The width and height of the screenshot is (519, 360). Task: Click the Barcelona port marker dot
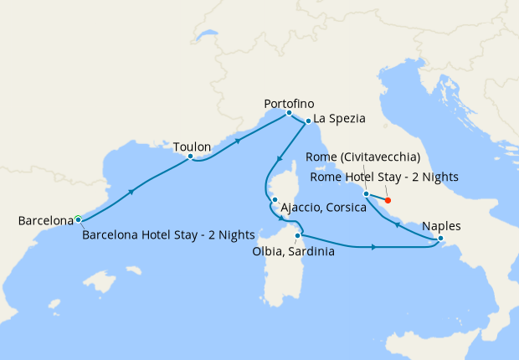point(78,219)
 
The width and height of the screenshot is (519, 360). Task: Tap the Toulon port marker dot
point(191,157)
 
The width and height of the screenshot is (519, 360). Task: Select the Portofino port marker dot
point(289,112)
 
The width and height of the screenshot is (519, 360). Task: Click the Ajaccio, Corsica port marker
point(274,199)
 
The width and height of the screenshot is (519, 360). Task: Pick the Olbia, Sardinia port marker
point(297,235)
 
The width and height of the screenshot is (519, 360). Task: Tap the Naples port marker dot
point(440,239)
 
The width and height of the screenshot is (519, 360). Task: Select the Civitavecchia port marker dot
point(366,194)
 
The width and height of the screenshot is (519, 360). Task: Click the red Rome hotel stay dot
point(388,200)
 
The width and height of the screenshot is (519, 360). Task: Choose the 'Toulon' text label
point(192,146)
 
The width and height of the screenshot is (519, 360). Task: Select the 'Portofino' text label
point(289,102)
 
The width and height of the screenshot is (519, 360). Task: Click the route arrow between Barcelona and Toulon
point(131,192)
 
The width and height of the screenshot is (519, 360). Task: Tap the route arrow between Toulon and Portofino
point(238,140)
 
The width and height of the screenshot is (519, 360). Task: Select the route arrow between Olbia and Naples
point(371,247)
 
